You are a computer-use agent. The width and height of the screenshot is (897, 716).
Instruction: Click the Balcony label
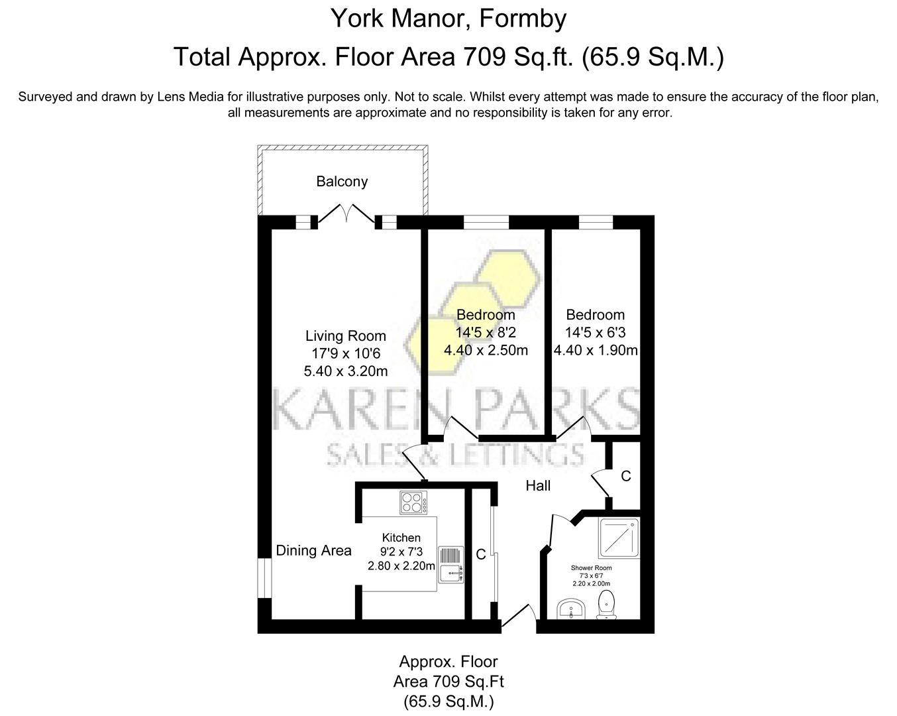341,182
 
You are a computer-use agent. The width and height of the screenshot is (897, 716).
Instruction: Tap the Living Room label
345,336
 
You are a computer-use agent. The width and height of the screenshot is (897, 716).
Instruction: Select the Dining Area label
313,551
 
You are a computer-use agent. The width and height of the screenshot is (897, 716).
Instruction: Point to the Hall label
538,486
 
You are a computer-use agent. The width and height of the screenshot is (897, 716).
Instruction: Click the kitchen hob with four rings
413,503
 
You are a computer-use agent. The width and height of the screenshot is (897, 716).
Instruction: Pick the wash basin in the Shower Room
570,609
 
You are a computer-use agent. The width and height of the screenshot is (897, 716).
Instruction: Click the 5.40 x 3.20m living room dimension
345,371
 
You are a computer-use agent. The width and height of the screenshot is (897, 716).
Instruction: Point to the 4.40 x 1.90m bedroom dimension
595,350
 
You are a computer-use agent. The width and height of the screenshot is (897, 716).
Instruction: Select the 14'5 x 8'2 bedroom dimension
486,333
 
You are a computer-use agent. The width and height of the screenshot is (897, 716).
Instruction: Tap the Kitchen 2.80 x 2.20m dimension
401,566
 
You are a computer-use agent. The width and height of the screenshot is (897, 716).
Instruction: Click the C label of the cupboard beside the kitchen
481,554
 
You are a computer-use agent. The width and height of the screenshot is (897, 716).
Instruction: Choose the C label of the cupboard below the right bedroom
625,476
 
